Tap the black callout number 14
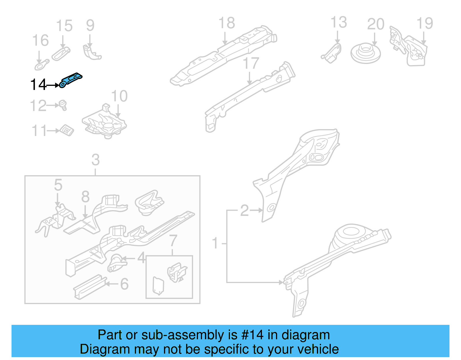point(38,85)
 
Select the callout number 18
point(226,23)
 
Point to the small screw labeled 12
point(63,105)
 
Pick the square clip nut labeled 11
point(67,131)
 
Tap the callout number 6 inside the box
point(124,284)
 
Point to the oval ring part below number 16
point(42,65)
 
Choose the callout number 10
point(119,96)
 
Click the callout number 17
point(251,63)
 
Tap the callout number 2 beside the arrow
point(244,210)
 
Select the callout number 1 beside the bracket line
point(215,243)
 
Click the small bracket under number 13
point(332,54)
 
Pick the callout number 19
point(425,23)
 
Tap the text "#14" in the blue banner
point(252,335)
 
